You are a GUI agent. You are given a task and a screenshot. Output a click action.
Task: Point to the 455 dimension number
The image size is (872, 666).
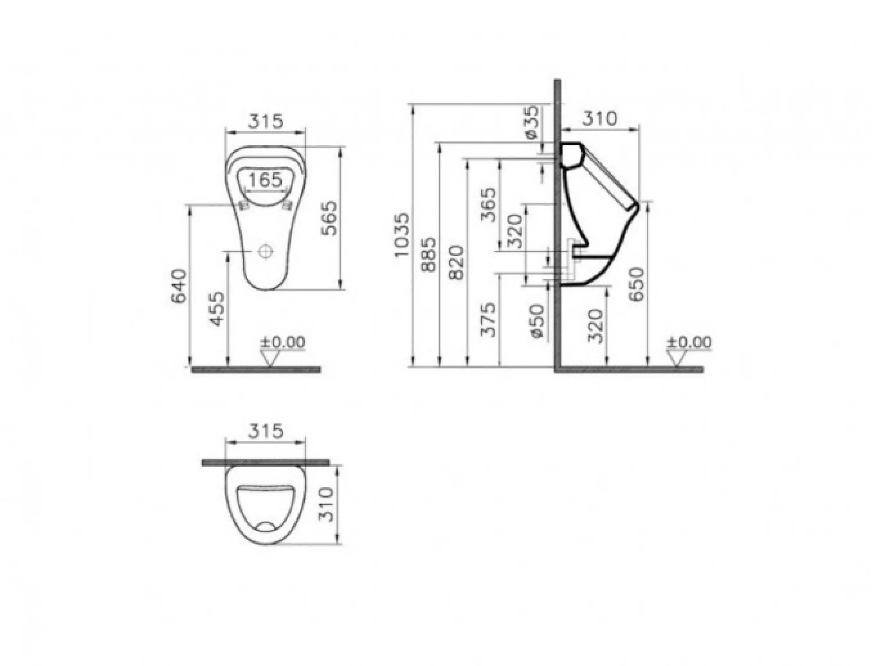217,309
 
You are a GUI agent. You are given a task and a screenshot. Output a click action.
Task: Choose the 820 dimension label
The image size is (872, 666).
457,263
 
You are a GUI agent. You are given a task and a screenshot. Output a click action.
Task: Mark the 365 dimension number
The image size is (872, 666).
488,205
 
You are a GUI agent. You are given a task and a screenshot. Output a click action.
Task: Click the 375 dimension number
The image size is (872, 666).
488,320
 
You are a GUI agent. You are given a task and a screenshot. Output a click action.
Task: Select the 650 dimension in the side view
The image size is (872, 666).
637,285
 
